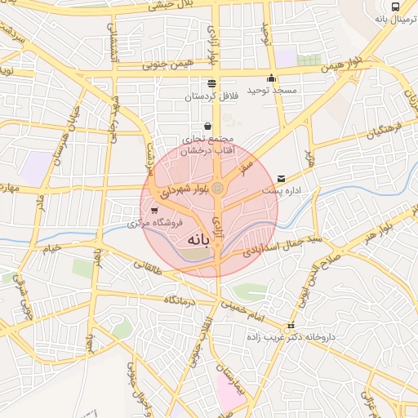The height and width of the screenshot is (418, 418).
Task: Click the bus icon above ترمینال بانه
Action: pyautogui.click(x=396, y=6)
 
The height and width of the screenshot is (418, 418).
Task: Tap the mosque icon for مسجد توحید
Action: pyautogui.click(x=272, y=78)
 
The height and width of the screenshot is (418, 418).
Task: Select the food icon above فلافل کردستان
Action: pyautogui.click(x=212, y=83)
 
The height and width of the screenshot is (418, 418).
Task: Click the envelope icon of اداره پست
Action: pyautogui.click(x=282, y=177)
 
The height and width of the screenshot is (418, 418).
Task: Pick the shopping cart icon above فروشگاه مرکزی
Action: pyautogui.click(x=144, y=210)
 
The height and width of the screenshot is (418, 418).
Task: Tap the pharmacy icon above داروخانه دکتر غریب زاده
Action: pyautogui.click(x=291, y=326)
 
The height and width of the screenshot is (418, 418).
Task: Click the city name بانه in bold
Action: pyautogui.click(x=198, y=241)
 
